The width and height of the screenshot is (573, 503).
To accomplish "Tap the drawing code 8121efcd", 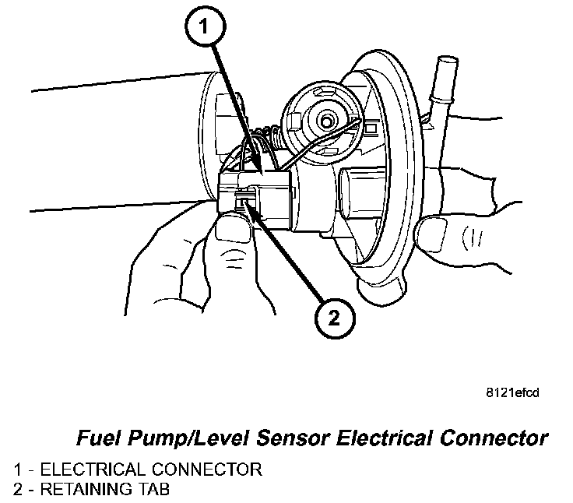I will (511, 392).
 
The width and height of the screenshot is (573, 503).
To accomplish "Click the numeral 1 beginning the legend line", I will (17, 470).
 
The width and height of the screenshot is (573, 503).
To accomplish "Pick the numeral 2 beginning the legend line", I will (18, 490).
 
